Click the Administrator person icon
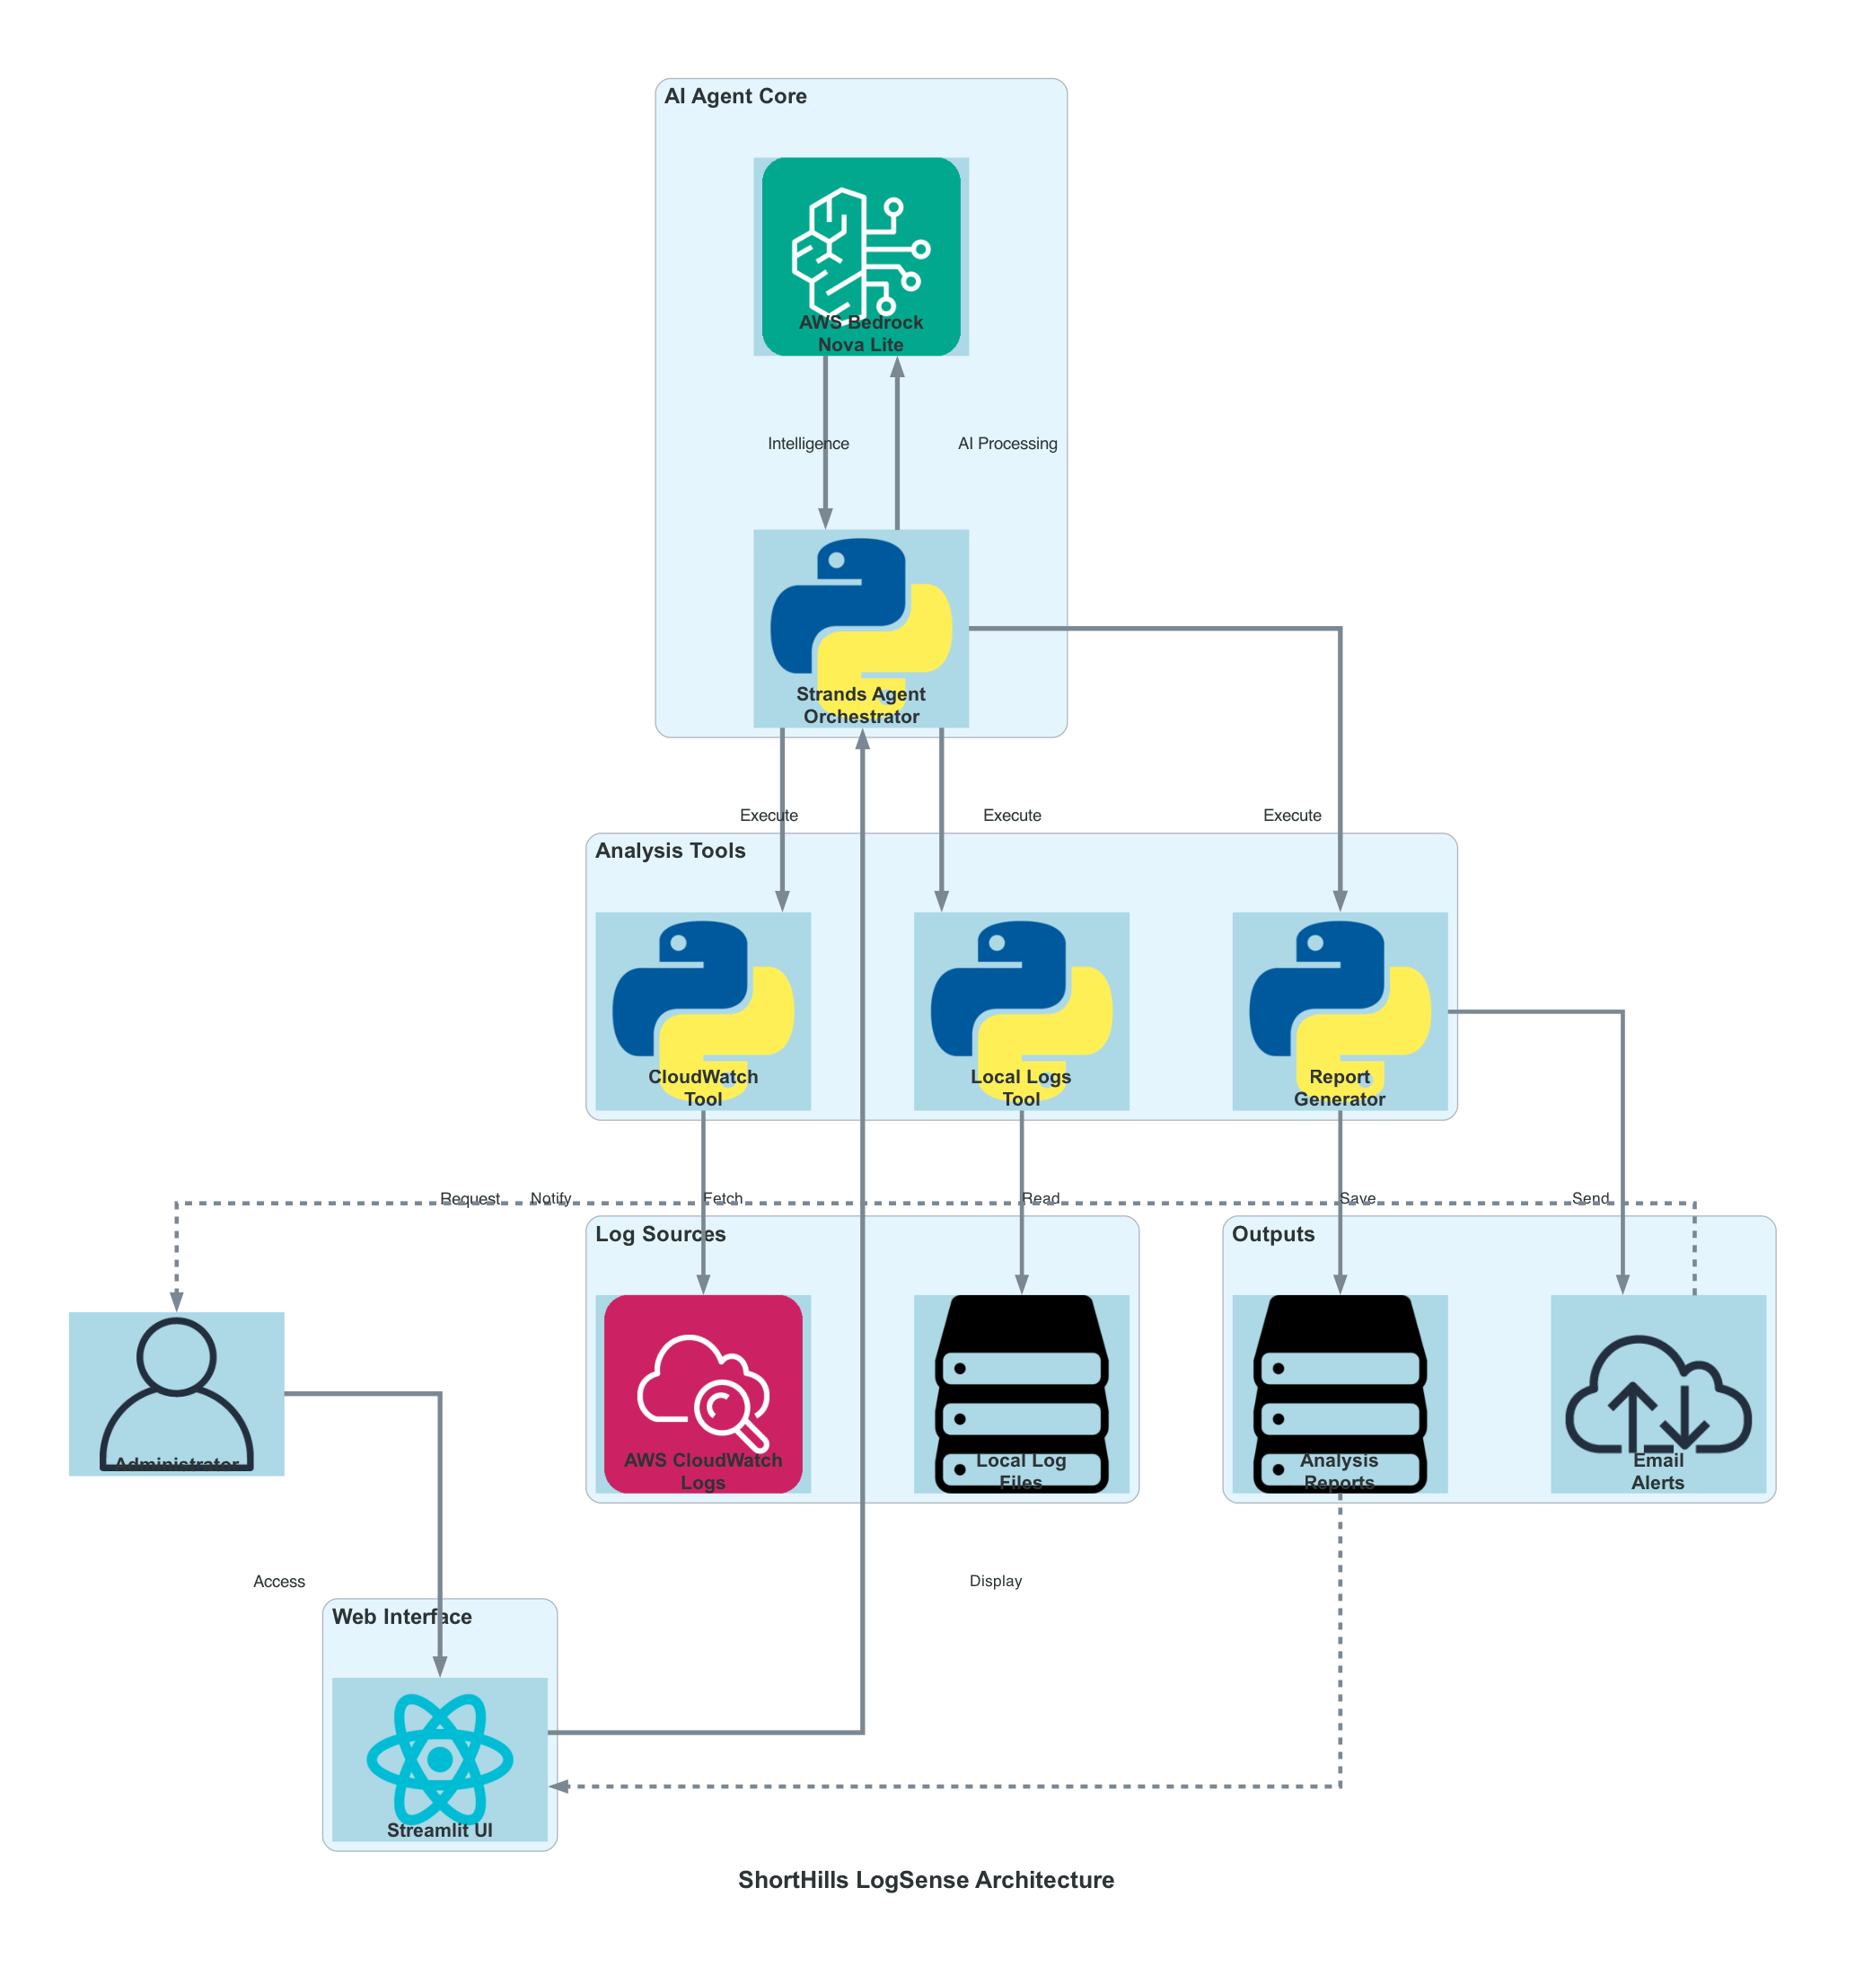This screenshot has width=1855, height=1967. [x=176, y=1390]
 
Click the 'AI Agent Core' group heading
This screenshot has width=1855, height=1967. [x=735, y=96]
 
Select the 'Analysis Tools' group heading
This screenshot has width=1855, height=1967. [x=670, y=851]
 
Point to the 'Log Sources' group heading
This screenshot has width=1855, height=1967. [x=660, y=1234]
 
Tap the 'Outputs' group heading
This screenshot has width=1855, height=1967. [x=1272, y=1234]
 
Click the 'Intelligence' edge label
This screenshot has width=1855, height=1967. [x=808, y=444]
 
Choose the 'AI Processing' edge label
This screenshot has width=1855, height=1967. [x=1007, y=444]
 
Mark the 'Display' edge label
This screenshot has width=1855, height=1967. [x=995, y=1581]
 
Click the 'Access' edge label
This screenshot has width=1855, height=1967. [x=279, y=1581]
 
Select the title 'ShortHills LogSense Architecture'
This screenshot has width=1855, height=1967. [x=926, y=1880]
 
